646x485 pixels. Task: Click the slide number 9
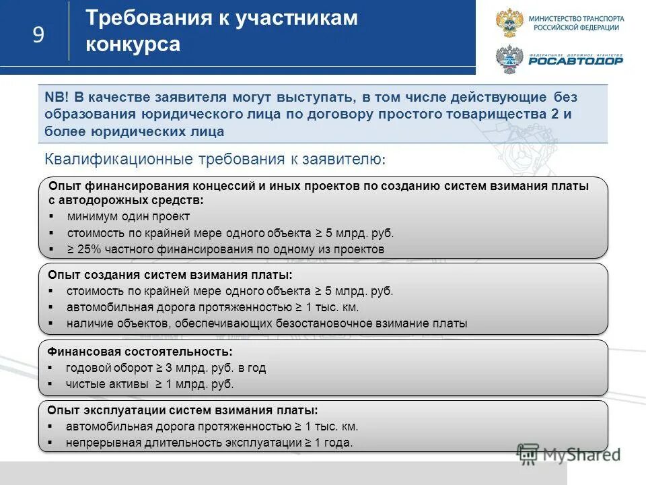pyautogui.click(x=38, y=34)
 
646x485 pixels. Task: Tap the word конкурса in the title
pyautogui.click(x=133, y=44)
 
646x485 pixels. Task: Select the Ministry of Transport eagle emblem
pyautogui.click(x=509, y=23)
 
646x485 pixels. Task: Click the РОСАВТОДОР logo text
pyautogui.click(x=575, y=61)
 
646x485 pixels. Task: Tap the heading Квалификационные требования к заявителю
pyautogui.click(x=215, y=160)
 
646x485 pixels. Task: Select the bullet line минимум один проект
pyautogui.click(x=129, y=216)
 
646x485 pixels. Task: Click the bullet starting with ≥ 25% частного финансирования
pyautogui.click(x=225, y=249)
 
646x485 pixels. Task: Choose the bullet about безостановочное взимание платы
pyautogui.click(x=266, y=323)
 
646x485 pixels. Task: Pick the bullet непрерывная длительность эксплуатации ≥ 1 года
pyautogui.click(x=209, y=443)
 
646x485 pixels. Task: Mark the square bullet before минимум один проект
pyautogui.click(x=51, y=217)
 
